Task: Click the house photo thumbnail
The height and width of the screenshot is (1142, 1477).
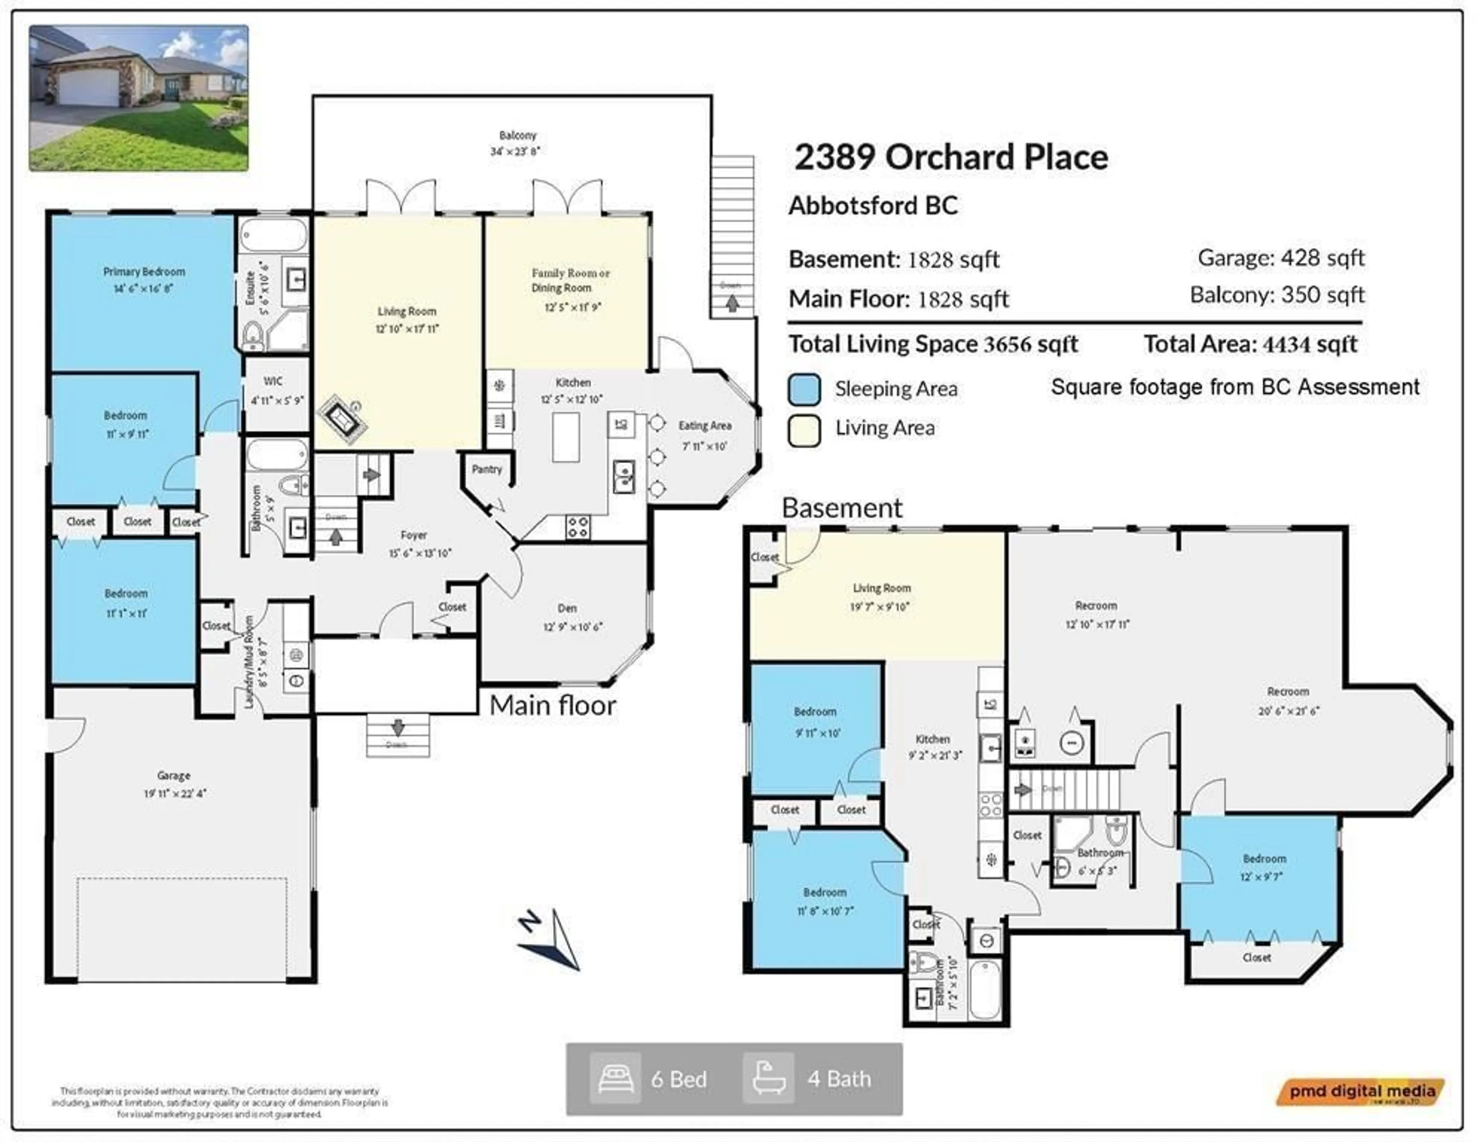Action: [138, 98]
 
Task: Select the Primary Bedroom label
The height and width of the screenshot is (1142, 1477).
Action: [144, 272]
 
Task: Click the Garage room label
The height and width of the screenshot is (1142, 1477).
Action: [174, 776]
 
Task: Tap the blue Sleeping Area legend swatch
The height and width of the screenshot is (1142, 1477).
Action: [804, 390]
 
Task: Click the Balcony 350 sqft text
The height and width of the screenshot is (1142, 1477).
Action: [1277, 295]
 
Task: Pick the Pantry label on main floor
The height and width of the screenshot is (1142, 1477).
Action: [487, 469]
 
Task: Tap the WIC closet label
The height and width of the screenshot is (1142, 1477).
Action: [273, 381]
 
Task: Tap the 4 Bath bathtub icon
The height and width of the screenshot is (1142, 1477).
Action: [768, 1079]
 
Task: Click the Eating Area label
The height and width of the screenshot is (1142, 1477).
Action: [705, 426]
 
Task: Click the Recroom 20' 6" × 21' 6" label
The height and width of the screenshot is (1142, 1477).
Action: [1288, 692]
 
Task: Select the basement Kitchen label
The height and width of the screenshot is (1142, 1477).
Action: [933, 739]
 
